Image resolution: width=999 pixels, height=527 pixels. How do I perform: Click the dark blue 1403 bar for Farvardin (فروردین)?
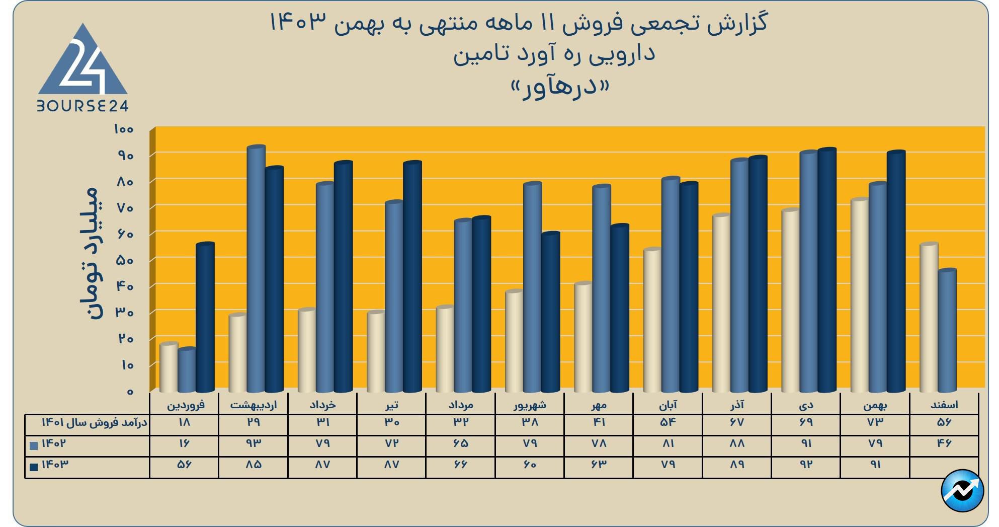point(205,317)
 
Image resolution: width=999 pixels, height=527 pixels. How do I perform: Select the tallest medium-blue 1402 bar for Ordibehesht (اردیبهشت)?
point(256,269)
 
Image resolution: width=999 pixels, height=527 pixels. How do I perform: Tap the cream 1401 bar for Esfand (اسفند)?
point(929,317)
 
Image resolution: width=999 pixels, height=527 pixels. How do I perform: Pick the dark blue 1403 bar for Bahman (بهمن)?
point(896,272)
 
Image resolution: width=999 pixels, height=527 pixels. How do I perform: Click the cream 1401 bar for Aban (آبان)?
point(652,320)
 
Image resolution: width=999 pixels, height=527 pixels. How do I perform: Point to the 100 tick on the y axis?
point(124,129)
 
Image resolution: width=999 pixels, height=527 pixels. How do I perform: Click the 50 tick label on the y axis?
point(124,260)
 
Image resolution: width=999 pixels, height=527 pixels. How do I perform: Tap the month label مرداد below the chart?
point(460,405)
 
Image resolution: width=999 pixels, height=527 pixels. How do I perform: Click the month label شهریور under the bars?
point(530,405)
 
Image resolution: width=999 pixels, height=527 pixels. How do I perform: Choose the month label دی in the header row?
point(806,405)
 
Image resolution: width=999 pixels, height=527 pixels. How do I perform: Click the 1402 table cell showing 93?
point(254,443)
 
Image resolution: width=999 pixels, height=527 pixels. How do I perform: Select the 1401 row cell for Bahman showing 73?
point(875,422)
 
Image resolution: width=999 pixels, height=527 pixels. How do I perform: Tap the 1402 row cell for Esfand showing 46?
point(944,443)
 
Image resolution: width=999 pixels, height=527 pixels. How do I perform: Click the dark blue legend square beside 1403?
point(34,467)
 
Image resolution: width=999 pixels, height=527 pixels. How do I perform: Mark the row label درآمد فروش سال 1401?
point(94,422)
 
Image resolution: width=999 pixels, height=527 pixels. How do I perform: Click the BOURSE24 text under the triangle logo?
point(83,106)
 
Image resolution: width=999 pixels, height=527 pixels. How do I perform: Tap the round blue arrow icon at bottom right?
point(962,490)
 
